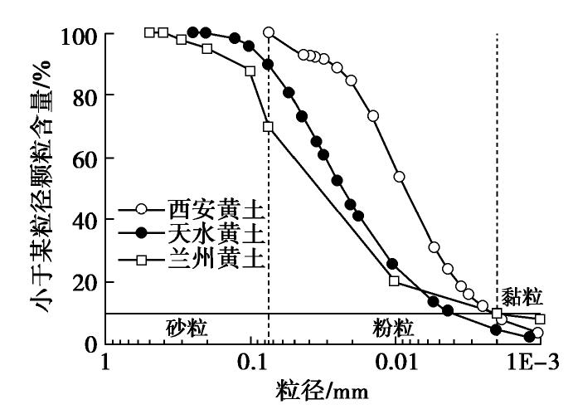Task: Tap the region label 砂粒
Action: (187, 329)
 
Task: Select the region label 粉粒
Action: (391, 329)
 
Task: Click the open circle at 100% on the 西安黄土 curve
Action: (269, 33)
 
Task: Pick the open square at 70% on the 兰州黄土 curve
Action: (268, 127)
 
